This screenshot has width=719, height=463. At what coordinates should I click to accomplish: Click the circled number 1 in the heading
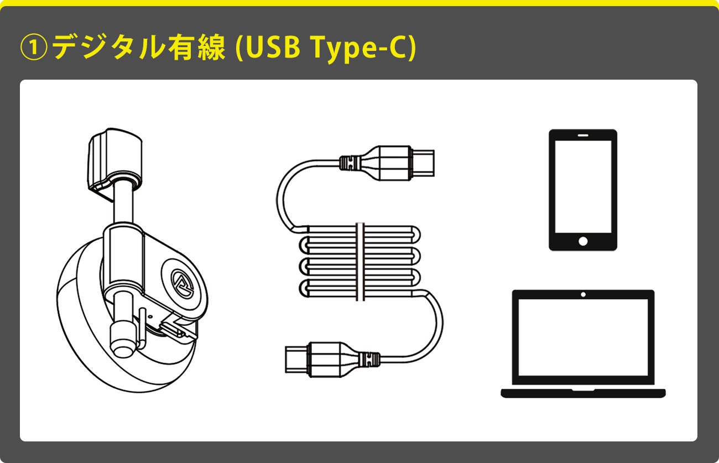34,47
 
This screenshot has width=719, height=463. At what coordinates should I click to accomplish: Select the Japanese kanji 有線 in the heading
196,47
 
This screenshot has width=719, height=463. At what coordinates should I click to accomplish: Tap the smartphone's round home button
583,241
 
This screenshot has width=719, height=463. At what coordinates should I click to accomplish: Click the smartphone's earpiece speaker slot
583,136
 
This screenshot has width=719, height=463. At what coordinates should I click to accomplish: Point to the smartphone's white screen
583,186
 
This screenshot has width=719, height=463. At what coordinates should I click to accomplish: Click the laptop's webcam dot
583,294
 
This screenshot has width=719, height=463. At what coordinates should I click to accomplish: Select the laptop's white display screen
583,337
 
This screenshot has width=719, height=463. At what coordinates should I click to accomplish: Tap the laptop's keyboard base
583,393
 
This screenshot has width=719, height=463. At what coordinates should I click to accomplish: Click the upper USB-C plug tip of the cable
423,163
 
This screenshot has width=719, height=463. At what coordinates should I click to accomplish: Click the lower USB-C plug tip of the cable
296,360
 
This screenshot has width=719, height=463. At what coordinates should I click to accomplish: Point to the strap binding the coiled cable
361,262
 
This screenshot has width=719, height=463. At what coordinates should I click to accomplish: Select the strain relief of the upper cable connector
350,163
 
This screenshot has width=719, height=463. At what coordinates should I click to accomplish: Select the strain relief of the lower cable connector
369,360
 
